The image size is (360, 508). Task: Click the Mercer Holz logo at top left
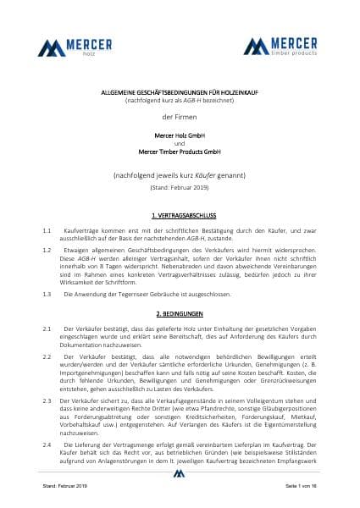point(69,46)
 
